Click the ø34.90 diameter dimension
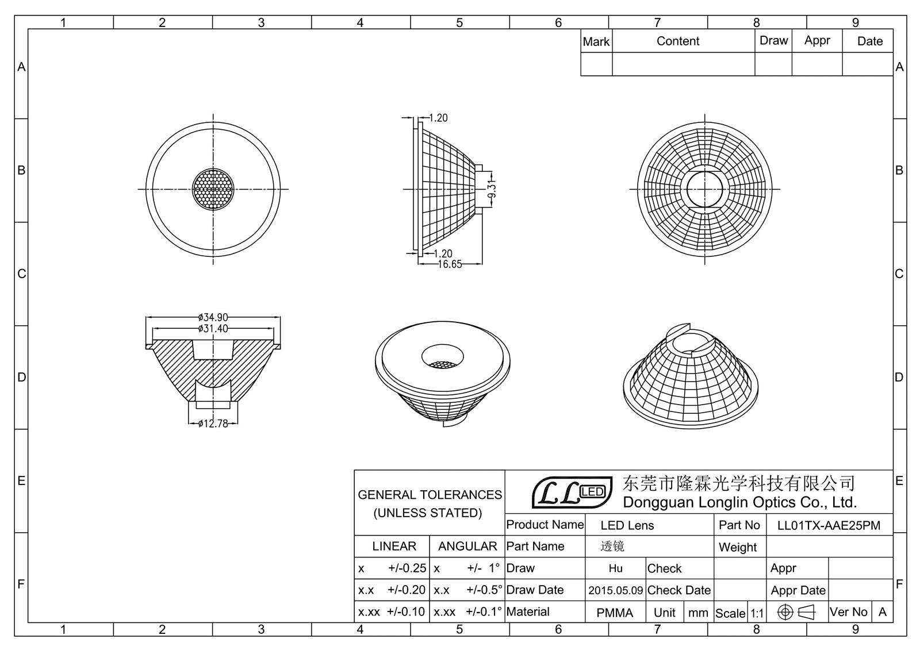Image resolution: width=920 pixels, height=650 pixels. click(x=213, y=317)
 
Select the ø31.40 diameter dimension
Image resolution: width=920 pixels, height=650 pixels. click(x=213, y=329)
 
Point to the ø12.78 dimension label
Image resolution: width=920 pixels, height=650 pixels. click(x=213, y=424)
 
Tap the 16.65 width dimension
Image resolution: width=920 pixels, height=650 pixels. click(x=450, y=264)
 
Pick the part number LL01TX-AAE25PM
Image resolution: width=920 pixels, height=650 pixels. click(x=829, y=525)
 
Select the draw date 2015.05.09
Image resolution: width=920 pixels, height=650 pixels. click(x=615, y=590)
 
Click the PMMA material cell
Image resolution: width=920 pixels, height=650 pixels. click(x=615, y=613)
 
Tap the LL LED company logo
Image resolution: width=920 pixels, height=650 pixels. click(x=571, y=493)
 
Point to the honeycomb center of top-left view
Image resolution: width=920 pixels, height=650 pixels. click(x=213, y=189)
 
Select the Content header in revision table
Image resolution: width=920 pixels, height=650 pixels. click(x=678, y=41)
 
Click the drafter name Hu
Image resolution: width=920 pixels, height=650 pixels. click(x=615, y=568)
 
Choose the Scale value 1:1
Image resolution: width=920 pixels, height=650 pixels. click(x=757, y=613)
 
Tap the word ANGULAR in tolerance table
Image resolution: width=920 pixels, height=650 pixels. click(x=467, y=546)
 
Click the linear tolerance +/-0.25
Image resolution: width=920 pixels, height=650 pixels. click(x=407, y=568)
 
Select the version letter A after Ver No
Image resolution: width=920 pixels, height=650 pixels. click(x=883, y=612)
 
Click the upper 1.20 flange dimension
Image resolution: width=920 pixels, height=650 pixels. click(x=438, y=118)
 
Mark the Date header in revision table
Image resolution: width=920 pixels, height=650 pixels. click(x=869, y=41)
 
